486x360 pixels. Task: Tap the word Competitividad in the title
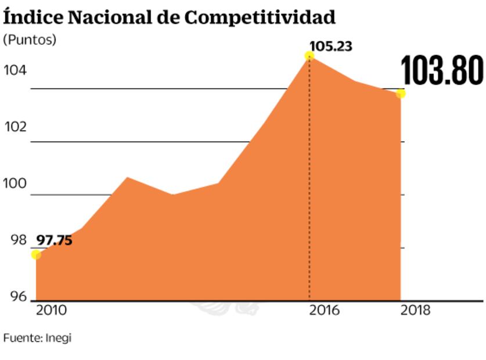260,17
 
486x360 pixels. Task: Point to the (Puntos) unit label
30,40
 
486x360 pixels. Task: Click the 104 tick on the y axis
15,71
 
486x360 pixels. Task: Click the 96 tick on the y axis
19,297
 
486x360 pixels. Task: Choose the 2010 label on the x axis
51,311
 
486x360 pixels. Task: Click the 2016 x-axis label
324,311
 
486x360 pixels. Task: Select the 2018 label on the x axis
415,311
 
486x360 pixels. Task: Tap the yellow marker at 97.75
36,254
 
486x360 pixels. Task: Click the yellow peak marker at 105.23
309,56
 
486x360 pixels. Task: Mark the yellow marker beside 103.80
401,93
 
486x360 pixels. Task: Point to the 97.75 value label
54,240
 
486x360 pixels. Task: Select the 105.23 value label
331,46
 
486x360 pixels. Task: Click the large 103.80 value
442,71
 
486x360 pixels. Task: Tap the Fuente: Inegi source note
37,337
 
